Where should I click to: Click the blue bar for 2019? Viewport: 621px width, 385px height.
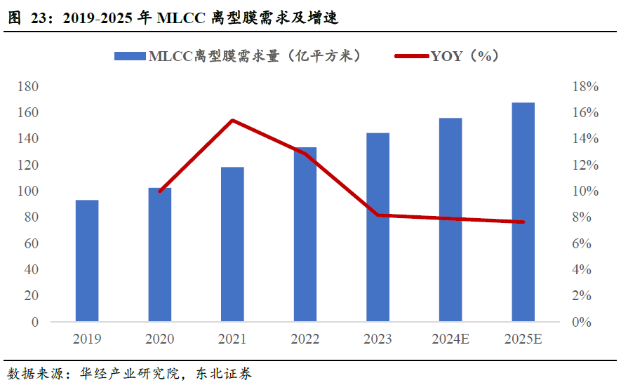pos(87,261)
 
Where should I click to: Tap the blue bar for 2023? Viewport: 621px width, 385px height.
pos(378,227)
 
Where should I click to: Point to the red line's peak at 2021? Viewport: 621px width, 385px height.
pos(232,120)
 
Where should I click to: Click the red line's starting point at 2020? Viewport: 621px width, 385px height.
pos(160,191)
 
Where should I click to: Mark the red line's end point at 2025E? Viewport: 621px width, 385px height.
pos(523,222)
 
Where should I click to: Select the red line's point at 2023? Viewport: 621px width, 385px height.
pos(378,215)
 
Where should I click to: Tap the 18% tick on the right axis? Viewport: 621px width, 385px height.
pos(585,87)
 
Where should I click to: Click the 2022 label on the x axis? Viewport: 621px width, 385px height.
pos(305,339)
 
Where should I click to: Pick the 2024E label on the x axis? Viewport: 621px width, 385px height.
pos(450,339)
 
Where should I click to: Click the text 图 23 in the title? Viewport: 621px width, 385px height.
pos(27,18)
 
